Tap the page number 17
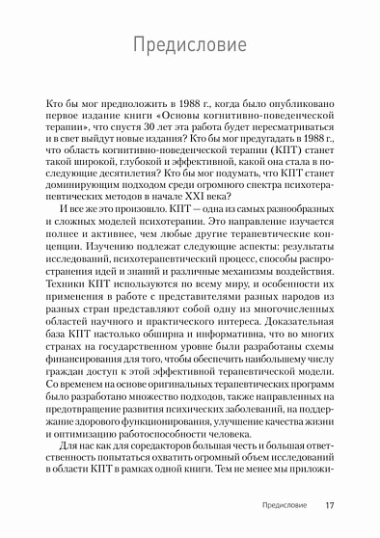[330, 505]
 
